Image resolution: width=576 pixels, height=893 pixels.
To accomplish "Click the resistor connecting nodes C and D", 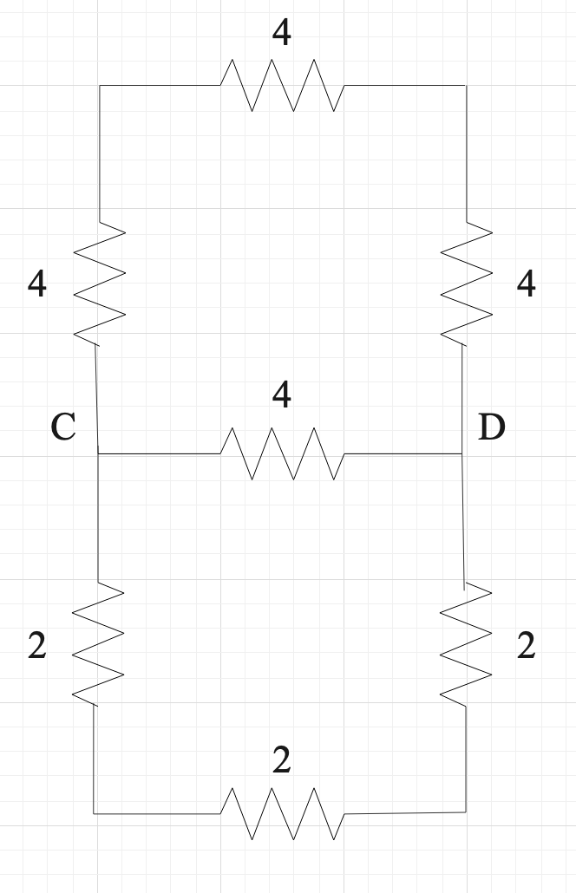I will click(282, 453).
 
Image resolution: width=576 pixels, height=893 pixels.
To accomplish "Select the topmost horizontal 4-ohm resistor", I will click(282, 85).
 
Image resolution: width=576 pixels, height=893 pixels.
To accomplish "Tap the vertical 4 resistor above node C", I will click(99, 283).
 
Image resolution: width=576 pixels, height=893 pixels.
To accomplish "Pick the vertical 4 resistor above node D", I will click(467, 283).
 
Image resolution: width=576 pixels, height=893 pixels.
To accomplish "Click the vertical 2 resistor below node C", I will click(97, 642).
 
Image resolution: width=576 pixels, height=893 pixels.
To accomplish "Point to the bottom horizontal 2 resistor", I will click(282, 813).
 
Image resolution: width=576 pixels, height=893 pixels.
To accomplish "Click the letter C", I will click(63, 427).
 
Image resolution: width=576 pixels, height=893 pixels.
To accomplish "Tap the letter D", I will click(491, 427).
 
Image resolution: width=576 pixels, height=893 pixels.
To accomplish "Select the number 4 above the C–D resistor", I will click(281, 395).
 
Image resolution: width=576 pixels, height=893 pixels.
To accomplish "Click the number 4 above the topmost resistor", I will click(281, 33).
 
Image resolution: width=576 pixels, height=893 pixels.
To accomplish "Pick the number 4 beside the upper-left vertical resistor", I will click(36, 284).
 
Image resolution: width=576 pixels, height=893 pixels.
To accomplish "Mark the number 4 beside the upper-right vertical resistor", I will click(526, 284).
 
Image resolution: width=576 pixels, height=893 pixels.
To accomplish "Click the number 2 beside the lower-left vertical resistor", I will click(36, 646).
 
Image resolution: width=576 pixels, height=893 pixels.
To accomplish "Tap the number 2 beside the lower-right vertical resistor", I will click(526, 646).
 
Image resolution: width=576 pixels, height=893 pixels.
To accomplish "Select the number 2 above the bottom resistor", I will click(281, 760).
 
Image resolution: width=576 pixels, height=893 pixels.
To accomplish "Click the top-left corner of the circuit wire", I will click(100, 86).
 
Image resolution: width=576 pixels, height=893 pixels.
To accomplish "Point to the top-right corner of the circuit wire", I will click(466, 86).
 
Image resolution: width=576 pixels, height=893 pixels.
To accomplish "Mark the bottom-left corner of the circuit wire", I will click(95, 813).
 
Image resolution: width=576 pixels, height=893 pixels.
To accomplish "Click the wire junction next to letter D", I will click(462, 453).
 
